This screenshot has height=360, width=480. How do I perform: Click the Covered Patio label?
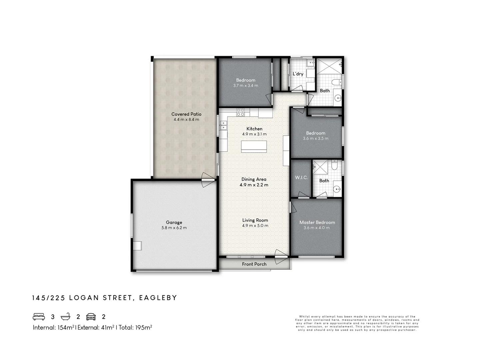click(x=186, y=114)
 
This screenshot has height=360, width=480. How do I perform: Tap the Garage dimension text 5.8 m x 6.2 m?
click(x=174, y=228)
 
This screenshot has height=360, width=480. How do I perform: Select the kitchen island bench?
click(x=254, y=146)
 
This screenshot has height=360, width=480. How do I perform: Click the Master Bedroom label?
click(x=317, y=222)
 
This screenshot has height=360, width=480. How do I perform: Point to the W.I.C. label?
click(x=301, y=178)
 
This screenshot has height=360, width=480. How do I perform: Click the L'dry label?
click(x=298, y=74)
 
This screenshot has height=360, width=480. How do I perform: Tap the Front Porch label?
click(x=254, y=264)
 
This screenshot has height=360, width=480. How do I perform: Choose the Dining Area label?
click(x=254, y=179)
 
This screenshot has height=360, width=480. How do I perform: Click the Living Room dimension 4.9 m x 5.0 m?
click(x=255, y=226)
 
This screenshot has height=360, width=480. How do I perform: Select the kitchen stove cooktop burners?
click(x=241, y=112)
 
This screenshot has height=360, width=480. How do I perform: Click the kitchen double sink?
click(x=223, y=125)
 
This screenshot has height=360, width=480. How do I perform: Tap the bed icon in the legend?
click(x=39, y=317)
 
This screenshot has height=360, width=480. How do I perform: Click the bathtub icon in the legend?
click(x=66, y=317)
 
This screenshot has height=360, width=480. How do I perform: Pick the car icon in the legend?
click(x=91, y=317)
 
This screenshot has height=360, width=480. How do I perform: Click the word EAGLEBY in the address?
click(x=158, y=298)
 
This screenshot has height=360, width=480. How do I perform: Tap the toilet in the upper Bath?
click(x=336, y=82)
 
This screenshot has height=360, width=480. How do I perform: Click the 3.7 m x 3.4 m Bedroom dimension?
click(x=246, y=86)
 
